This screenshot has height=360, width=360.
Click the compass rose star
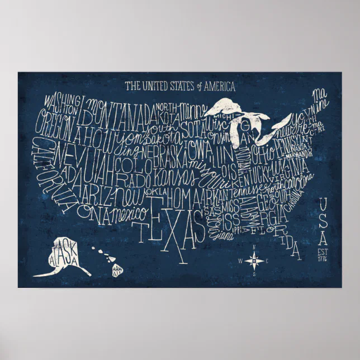254,260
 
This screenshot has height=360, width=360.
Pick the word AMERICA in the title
219,87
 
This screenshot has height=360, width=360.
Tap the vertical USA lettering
323,221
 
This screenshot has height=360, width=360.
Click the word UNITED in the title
153,87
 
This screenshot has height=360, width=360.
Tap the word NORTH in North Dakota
166,106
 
